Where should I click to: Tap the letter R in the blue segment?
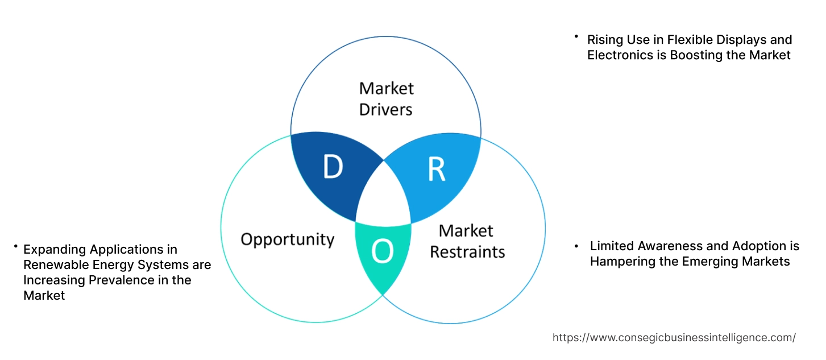[x=436, y=169]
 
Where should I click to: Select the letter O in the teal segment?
[x=383, y=251]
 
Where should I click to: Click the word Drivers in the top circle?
[x=386, y=109]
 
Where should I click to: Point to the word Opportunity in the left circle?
[x=287, y=239]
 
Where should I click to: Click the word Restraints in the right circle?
[x=467, y=251]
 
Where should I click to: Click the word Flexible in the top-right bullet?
[x=687, y=40]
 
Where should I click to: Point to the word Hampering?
[x=619, y=262]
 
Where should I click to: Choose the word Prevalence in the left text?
[x=116, y=280]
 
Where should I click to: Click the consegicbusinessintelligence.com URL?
[x=674, y=337]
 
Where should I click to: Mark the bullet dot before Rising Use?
[x=576, y=37]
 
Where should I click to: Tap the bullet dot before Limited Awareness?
[x=577, y=246]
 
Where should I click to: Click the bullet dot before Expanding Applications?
[x=15, y=246]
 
